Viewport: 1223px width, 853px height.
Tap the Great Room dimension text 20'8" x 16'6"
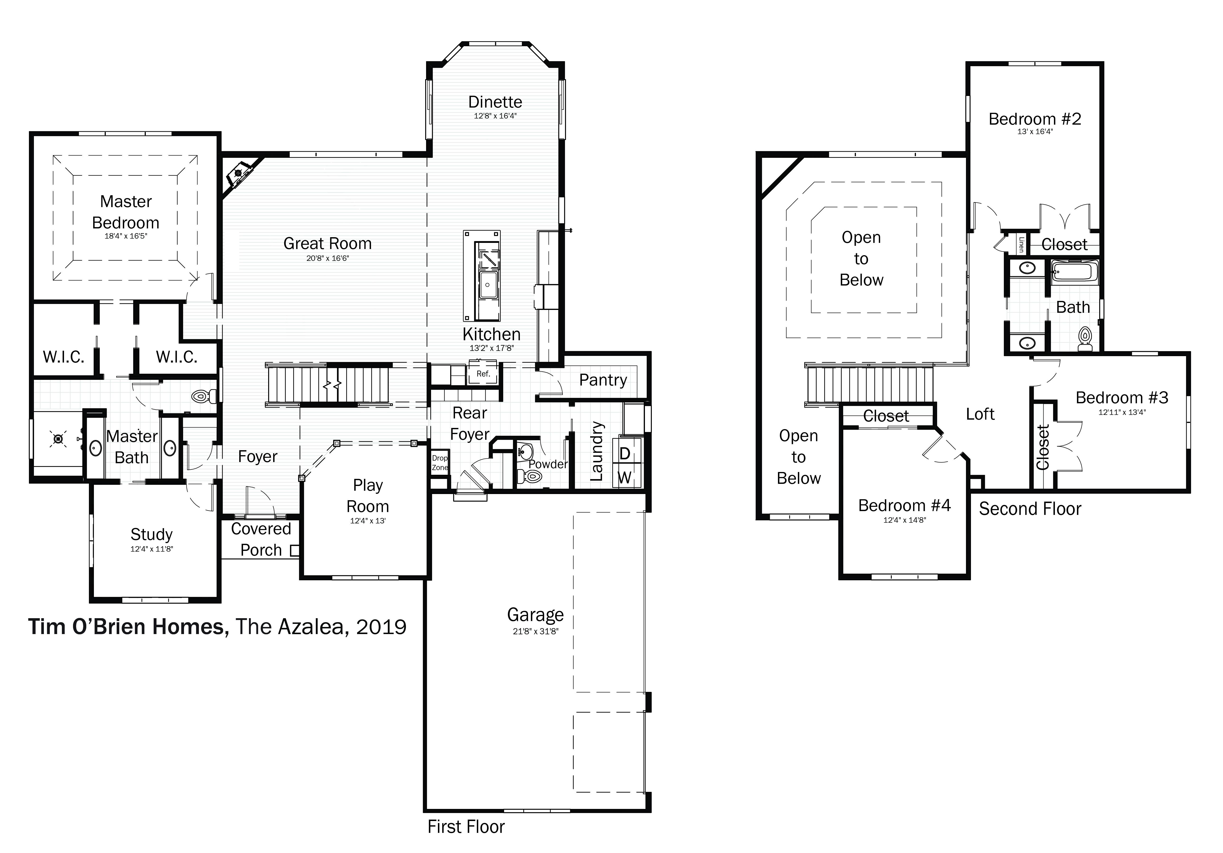tap(328, 258)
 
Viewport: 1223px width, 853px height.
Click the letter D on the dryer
tap(625, 454)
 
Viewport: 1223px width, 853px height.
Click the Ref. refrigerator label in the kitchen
tap(483, 374)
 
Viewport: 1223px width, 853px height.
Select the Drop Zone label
tap(440, 463)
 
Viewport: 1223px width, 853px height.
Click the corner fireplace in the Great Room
tap(240, 173)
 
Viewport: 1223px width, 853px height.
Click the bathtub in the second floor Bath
tap(1074, 272)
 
